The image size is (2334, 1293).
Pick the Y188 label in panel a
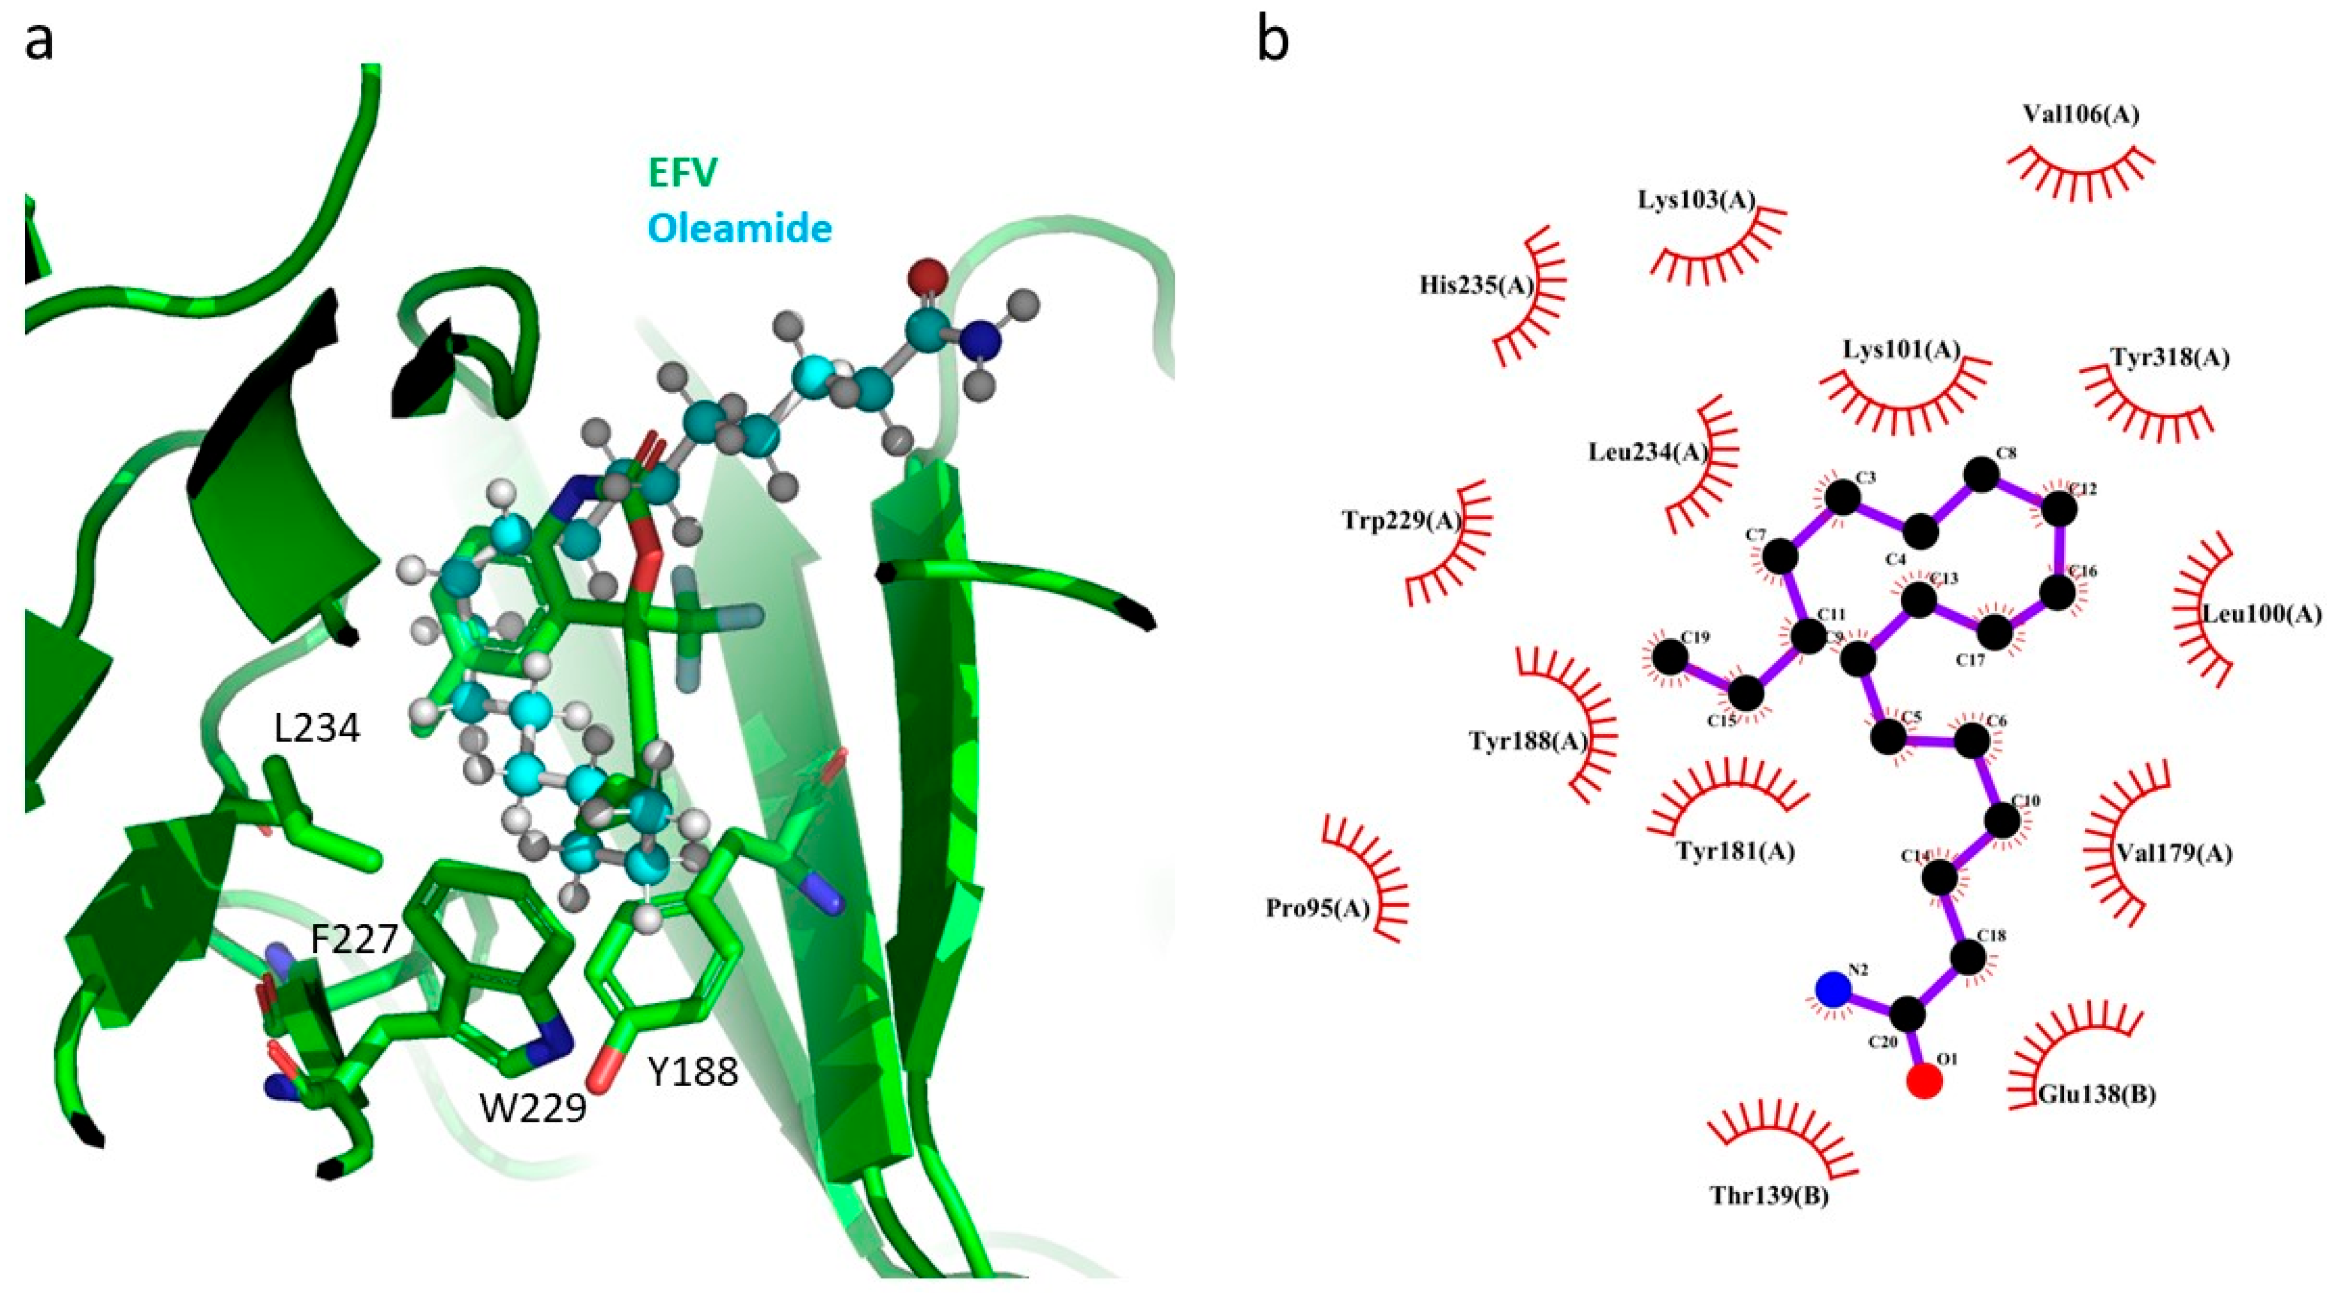coord(693,1073)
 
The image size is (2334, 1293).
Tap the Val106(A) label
coord(2081,114)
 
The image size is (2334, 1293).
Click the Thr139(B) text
coord(1768,1196)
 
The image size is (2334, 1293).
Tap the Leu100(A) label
coord(2262,614)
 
